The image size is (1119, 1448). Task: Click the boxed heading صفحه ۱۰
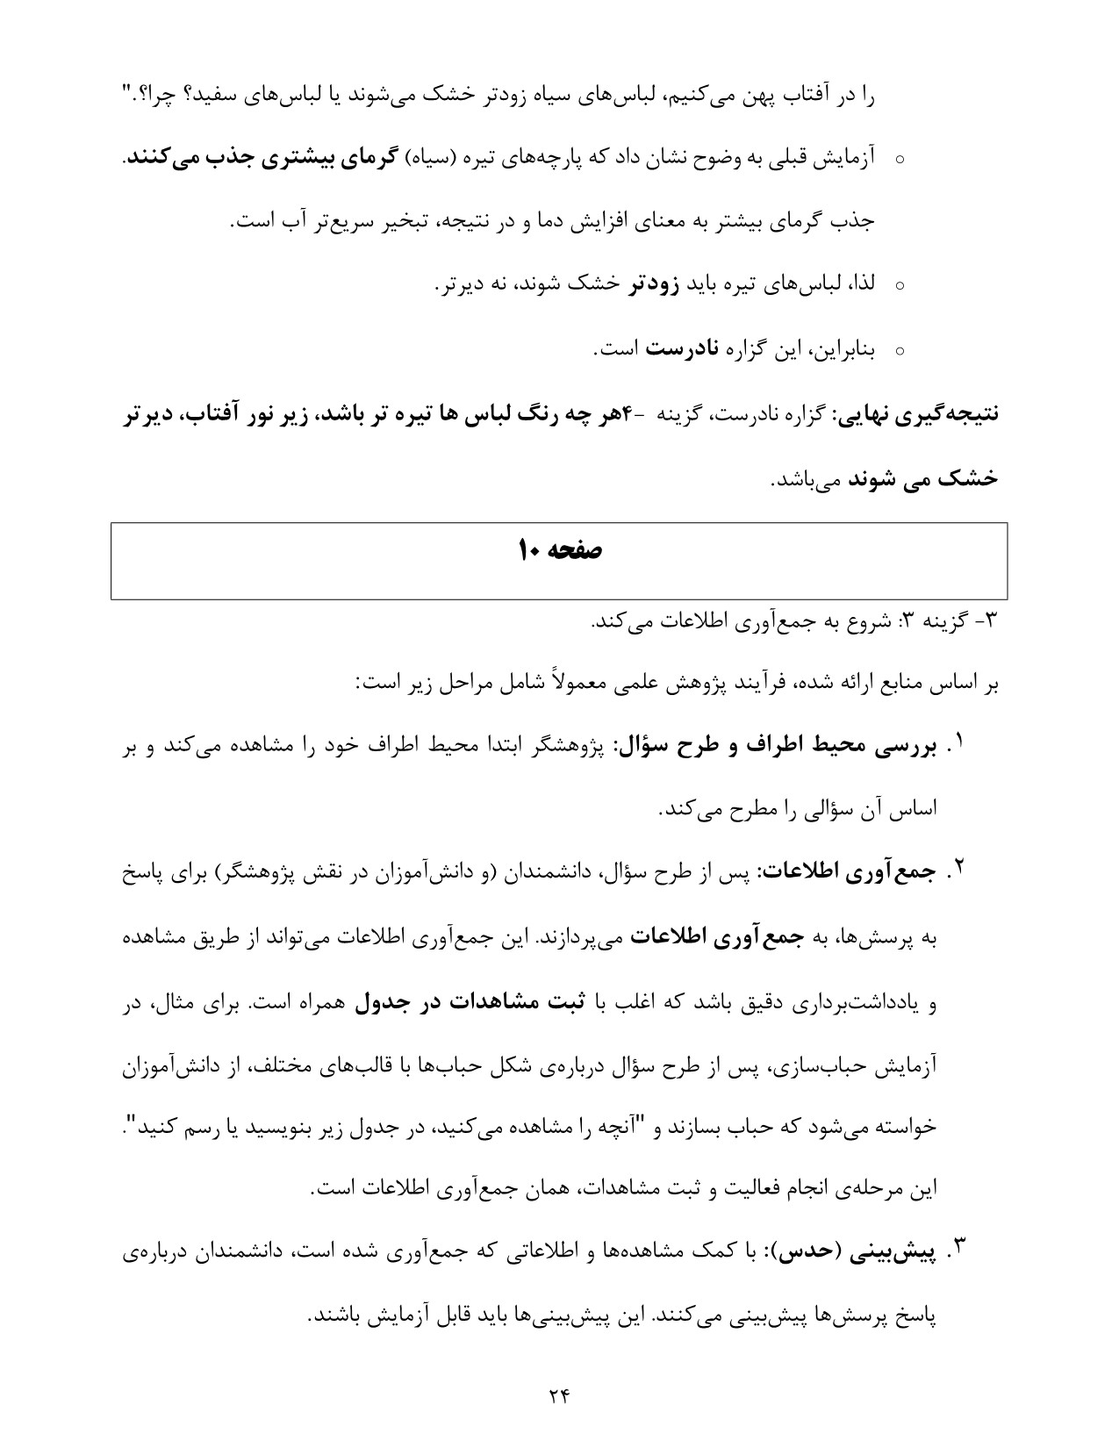559,550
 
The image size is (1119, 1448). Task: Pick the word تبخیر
389,221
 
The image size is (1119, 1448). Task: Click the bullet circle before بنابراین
899,351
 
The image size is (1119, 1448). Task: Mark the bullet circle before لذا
899,287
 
